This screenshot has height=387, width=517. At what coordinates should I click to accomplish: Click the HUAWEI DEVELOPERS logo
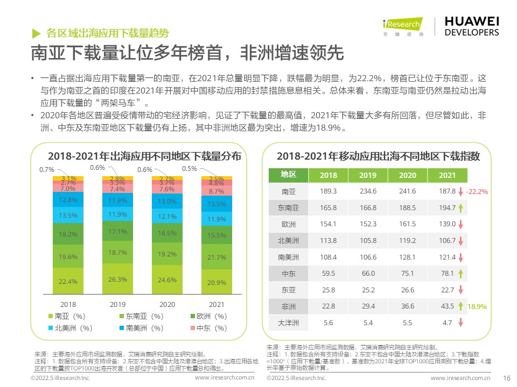pyautogui.click(x=472, y=25)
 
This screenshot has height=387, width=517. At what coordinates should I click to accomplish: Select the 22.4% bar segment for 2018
pyautogui.click(x=68, y=281)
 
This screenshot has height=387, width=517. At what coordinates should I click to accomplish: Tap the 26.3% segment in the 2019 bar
pyautogui.click(x=117, y=279)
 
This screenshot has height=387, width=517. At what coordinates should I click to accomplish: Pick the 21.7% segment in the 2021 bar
pyautogui.click(x=216, y=257)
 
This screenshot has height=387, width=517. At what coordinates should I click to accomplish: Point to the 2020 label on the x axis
pyautogui.click(x=167, y=304)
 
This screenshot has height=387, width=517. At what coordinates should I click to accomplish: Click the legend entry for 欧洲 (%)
pyautogui.click(x=209, y=316)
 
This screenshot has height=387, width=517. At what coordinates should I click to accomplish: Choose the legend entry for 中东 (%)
pyautogui.click(x=209, y=328)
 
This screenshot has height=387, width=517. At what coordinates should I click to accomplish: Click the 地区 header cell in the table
pyautogui.click(x=289, y=174)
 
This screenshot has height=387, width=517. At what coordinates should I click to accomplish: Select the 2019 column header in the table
pyautogui.click(x=368, y=175)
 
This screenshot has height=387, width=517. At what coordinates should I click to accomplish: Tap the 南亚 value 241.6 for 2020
pyautogui.click(x=407, y=191)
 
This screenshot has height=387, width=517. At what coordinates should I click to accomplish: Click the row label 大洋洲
pyautogui.click(x=289, y=323)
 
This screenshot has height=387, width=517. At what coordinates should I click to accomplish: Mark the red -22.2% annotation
pyautogui.click(x=477, y=191)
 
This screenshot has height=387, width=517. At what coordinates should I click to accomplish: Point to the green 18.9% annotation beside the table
pyautogui.click(x=477, y=307)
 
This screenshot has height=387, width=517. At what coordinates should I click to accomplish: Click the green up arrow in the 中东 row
pyautogui.click(x=461, y=274)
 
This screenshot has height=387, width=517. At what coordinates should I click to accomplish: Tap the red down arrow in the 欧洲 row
pyautogui.click(x=461, y=224)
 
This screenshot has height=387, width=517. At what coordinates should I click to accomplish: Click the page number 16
pyautogui.click(x=506, y=378)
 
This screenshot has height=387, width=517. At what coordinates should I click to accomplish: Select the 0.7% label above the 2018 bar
pyautogui.click(x=47, y=170)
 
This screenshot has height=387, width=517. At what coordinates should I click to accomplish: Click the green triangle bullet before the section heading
pyautogui.click(x=36, y=33)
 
